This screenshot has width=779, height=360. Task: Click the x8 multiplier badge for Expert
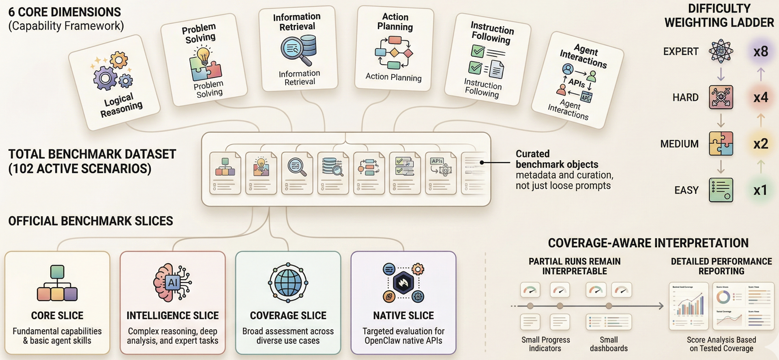pos(760,51)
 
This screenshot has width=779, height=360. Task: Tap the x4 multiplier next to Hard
pos(760,97)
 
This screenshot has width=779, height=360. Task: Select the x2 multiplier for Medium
pos(760,144)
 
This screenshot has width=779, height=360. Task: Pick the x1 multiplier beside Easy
pos(760,190)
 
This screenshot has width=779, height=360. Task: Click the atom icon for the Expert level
pos(721,51)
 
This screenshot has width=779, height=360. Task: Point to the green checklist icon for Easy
pos(721,190)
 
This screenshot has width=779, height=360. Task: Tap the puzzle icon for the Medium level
pos(721,143)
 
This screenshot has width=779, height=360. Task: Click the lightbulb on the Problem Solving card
pos(203,55)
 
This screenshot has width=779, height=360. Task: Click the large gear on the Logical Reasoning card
pos(104,78)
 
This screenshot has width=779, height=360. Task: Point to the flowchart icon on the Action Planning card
pos(394,53)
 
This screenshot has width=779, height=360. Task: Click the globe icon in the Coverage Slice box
pos(288,283)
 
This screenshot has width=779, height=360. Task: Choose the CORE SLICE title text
pos(57,316)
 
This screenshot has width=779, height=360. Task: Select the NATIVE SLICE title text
pos(403,316)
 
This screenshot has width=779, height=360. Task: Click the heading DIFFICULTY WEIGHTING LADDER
pos(719,16)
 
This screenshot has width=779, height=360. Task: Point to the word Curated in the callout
pos(532,154)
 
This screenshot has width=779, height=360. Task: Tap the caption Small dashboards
pos(608,344)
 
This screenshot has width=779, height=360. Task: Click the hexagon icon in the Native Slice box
pos(403,283)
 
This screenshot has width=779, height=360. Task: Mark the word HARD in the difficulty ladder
pos(685,97)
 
